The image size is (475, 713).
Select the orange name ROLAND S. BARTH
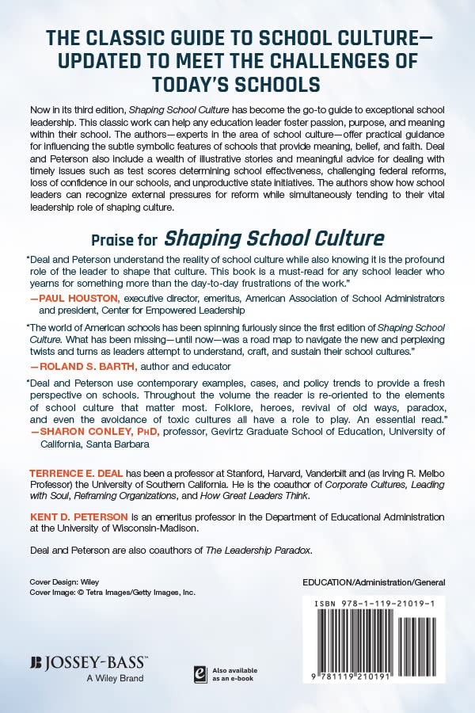[x=87, y=366]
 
